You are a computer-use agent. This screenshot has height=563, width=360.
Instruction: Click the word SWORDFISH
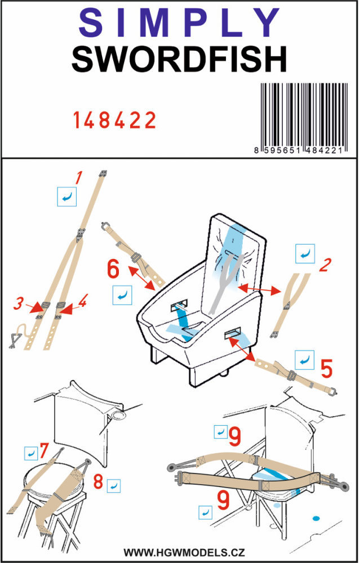pos(179,60)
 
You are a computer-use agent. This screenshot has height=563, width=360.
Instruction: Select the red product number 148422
pos(114,120)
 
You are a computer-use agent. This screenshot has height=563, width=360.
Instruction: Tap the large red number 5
pos(326,368)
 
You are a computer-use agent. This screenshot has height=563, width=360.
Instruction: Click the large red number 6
pos(113,270)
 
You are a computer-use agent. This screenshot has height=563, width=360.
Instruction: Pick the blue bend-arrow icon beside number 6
pos(122,293)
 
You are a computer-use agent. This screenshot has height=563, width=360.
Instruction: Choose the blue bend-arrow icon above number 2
pos(305,254)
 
